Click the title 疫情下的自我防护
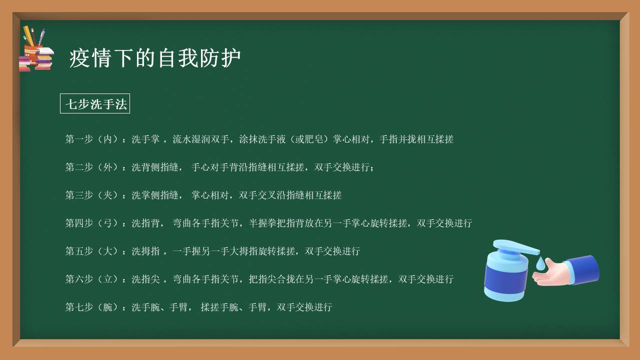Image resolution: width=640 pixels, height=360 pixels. [x=155, y=58]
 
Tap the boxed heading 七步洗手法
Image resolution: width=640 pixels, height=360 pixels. [x=95, y=104]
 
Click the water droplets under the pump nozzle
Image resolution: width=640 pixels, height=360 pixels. [x=541, y=263]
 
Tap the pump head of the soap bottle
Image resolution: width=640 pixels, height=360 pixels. [x=515, y=246]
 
